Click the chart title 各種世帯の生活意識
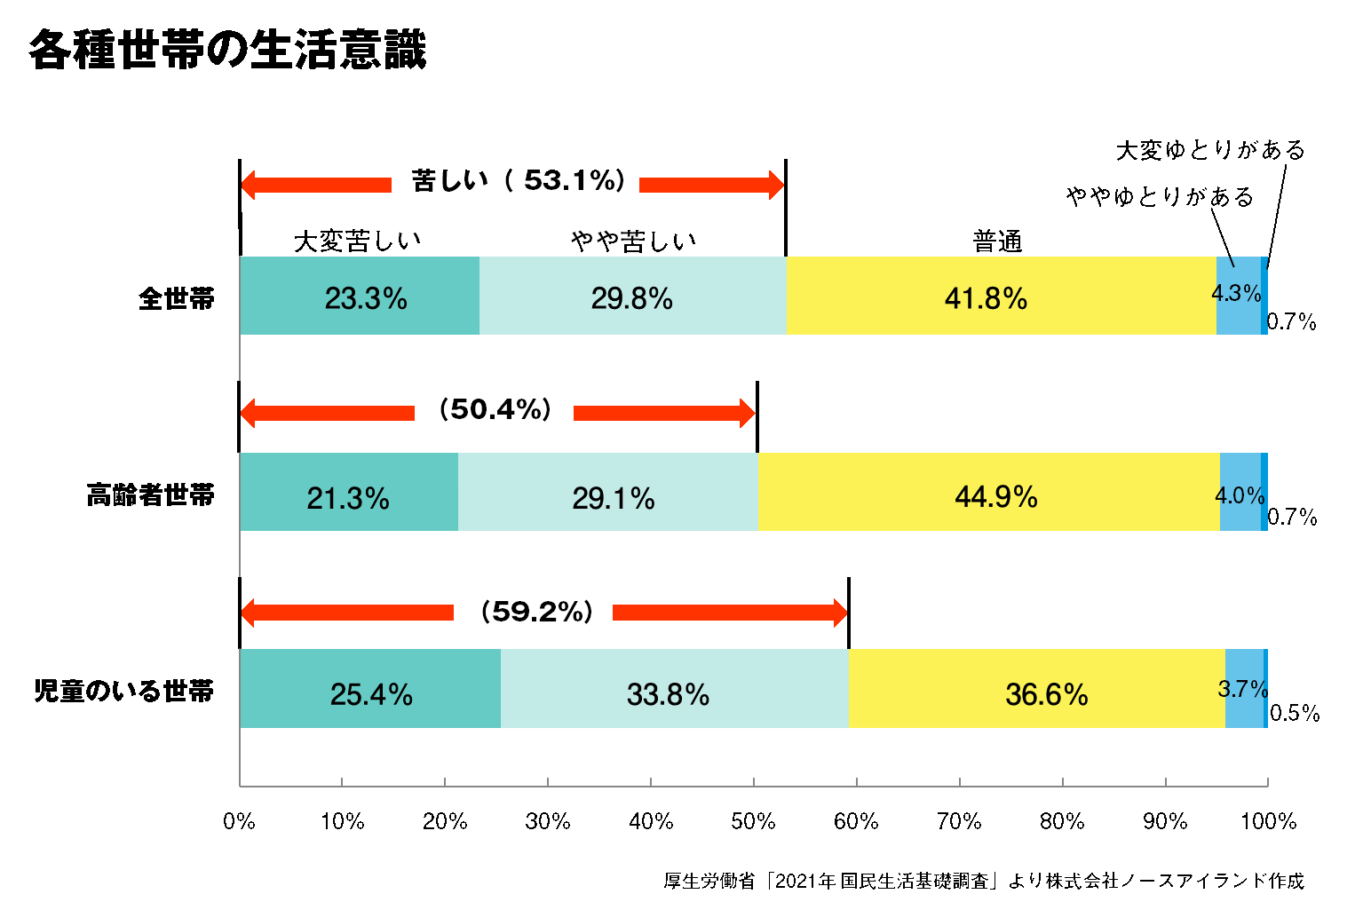click(x=228, y=50)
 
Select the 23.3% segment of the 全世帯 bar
click(x=360, y=297)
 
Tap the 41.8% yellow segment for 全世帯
click(x=1000, y=297)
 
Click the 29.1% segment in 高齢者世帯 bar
click(x=608, y=493)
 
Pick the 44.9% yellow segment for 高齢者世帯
click(x=988, y=493)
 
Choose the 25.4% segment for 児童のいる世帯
click(x=370, y=690)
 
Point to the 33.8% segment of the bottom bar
click(x=674, y=690)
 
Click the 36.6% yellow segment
click(x=1036, y=690)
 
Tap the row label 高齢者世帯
click(x=150, y=495)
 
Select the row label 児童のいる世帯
click(x=124, y=691)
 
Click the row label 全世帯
click(x=177, y=298)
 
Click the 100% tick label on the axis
click(x=1268, y=821)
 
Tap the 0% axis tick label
click(x=239, y=821)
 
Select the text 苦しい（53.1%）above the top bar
click(x=519, y=181)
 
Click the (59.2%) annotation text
click(x=536, y=611)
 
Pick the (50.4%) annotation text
click(x=495, y=409)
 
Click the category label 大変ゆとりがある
click(x=1210, y=150)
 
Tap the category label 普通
click(x=997, y=241)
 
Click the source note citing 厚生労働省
click(x=984, y=881)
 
